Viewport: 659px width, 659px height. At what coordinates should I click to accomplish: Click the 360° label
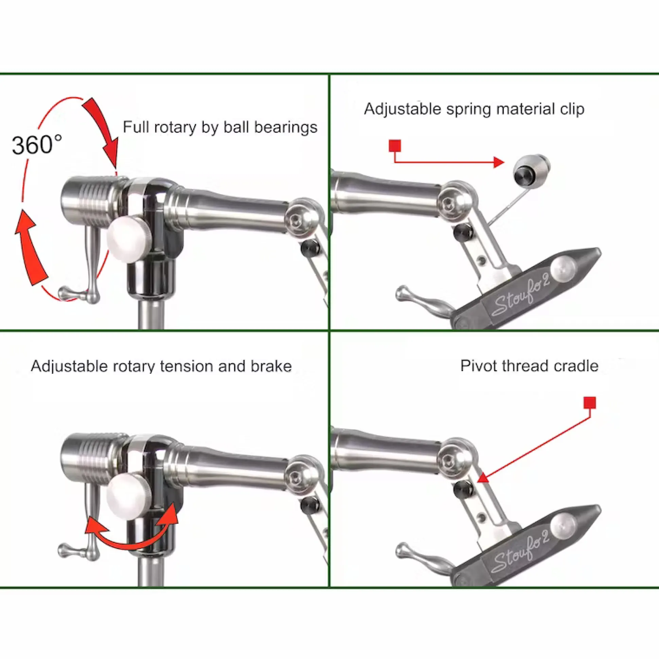pos(37,145)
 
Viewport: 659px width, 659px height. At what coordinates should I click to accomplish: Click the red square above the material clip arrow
pos(395,146)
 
